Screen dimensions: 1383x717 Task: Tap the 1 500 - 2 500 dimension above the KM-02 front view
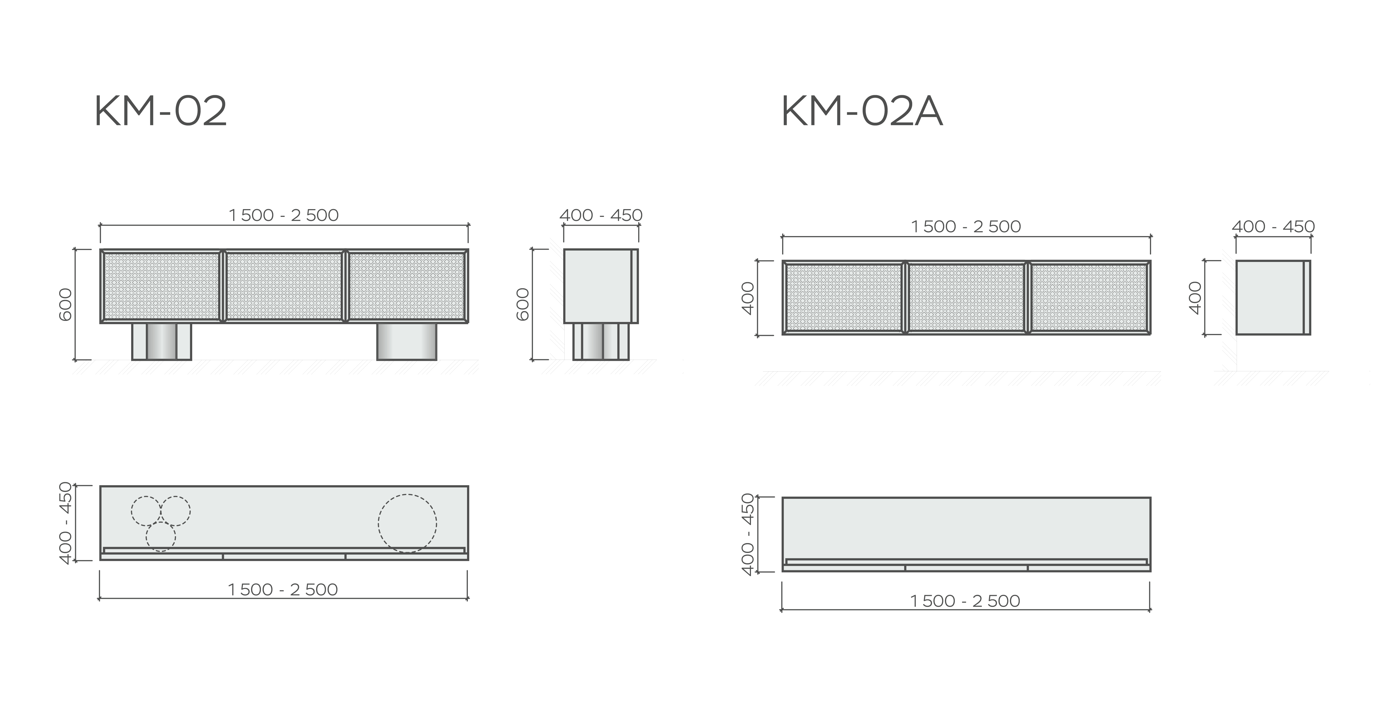click(x=283, y=215)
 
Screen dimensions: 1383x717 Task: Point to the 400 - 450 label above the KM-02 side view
click(x=601, y=215)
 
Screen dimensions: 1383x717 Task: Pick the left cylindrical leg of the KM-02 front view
click(x=162, y=342)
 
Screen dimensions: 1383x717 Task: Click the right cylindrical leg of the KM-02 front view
click(x=407, y=342)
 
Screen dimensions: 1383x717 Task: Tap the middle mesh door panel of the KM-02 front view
click(x=284, y=286)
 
